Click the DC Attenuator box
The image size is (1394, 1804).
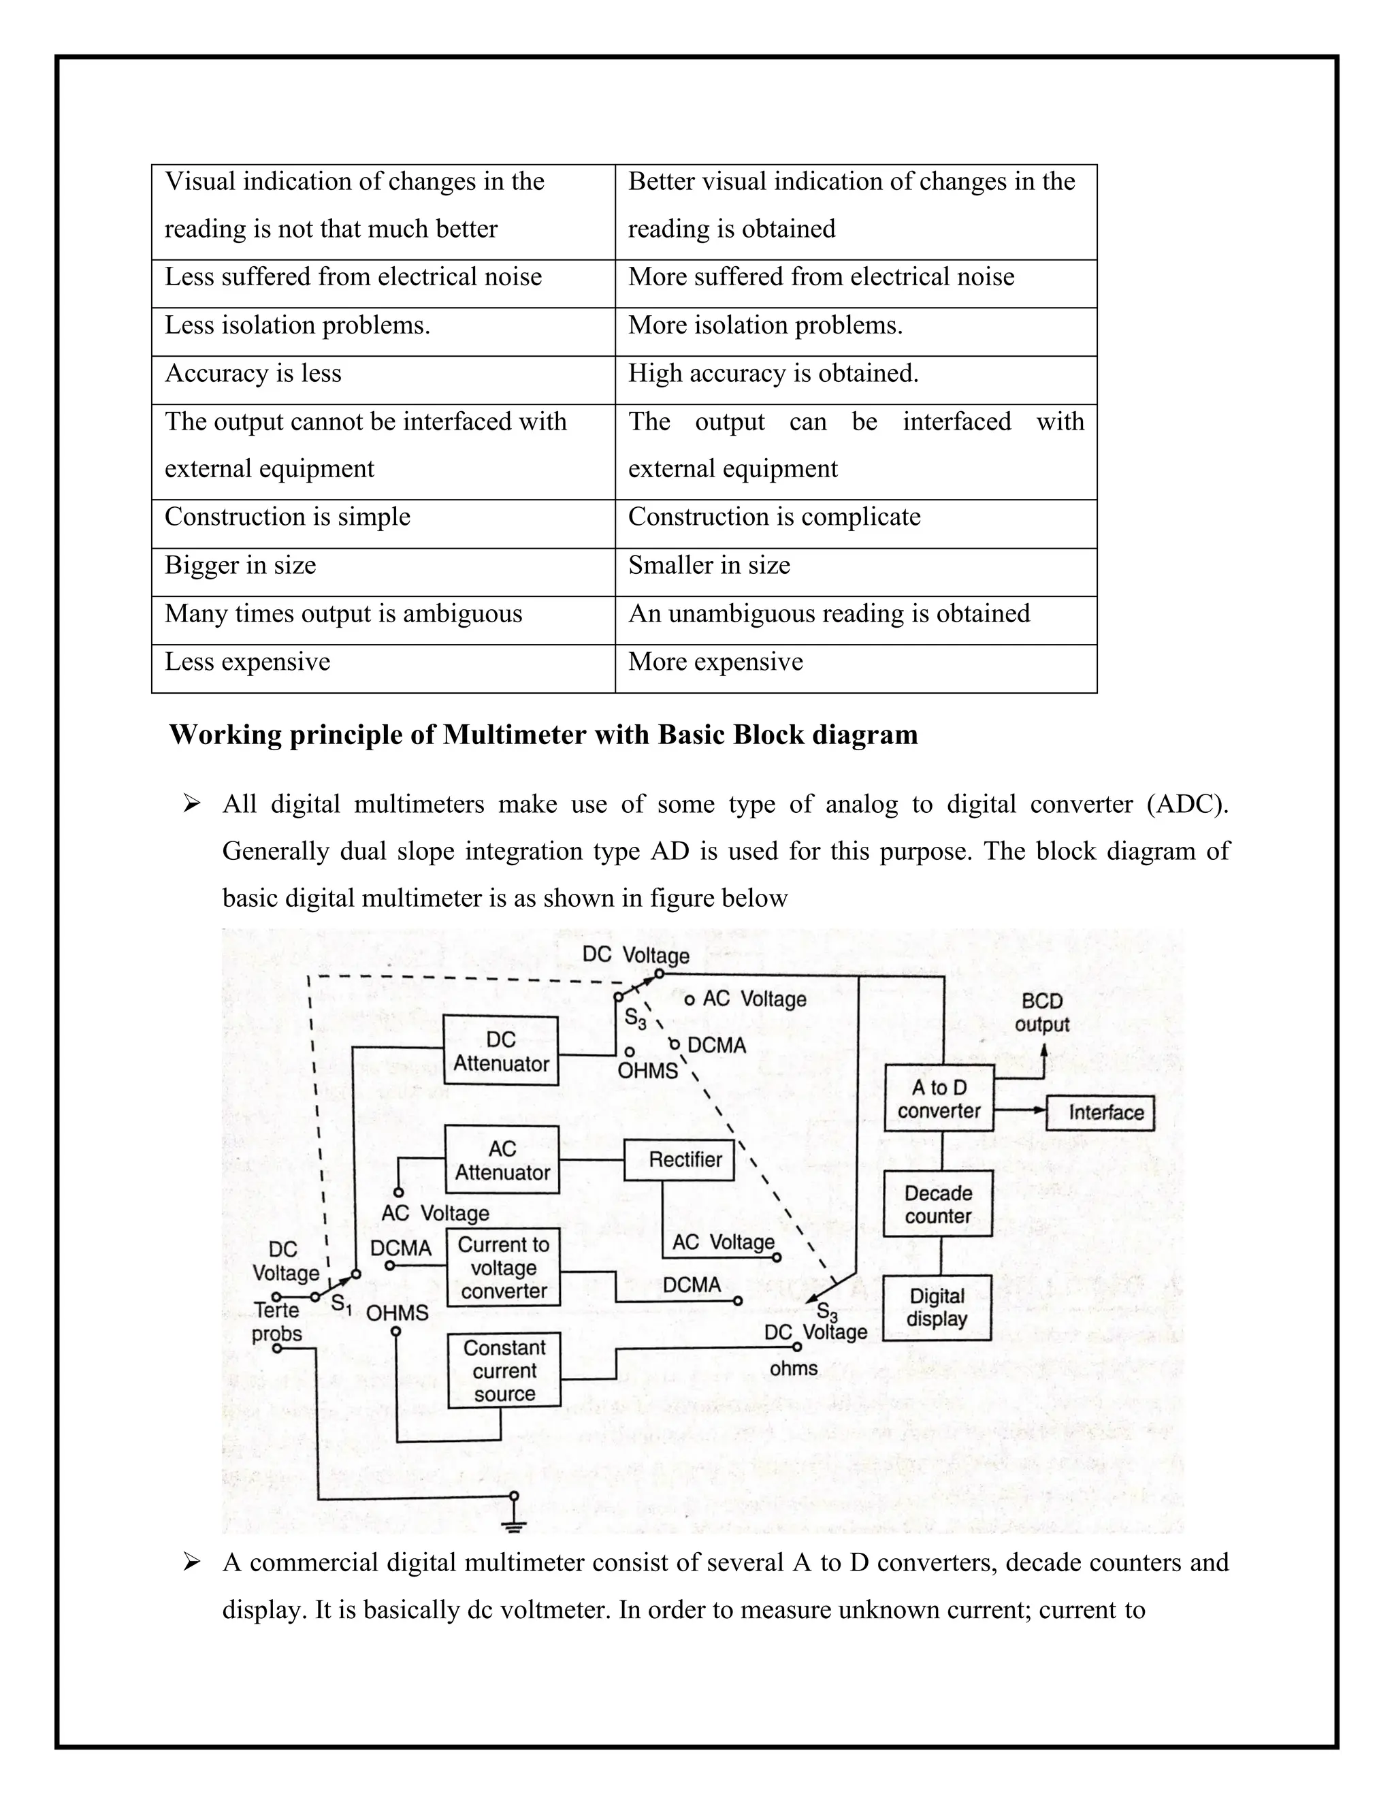(500, 1050)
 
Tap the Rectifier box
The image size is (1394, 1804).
(679, 1160)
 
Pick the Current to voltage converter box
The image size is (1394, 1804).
(503, 1268)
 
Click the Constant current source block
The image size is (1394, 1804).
(504, 1370)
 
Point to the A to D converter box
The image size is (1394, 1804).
(939, 1099)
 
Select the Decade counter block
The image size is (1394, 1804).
(938, 1204)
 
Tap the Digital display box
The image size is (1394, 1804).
(937, 1308)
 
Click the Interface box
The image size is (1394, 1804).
(1100, 1112)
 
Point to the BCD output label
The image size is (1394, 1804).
(1042, 1013)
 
